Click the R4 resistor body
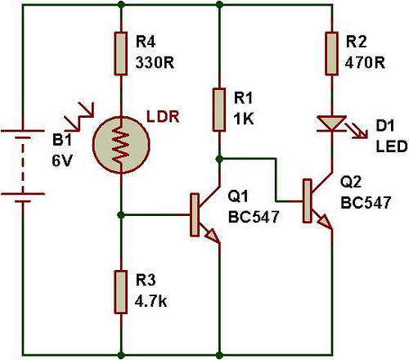[121, 53]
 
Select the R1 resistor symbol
[219, 110]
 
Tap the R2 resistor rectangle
[332, 53]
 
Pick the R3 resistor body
[121, 292]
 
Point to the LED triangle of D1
[332, 124]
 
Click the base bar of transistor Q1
[195, 214]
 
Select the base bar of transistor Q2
[308, 200]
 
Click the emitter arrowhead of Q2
[326, 222]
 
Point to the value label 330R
[155, 63]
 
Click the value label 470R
[365, 63]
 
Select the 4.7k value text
[151, 301]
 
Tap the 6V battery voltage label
[62, 160]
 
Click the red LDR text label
[163, 116]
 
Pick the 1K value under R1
[244, 119]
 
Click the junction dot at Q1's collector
[219, 159]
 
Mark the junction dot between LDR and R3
[121, 215]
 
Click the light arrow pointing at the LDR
[79, 116]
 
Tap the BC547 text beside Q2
[366, 203]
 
